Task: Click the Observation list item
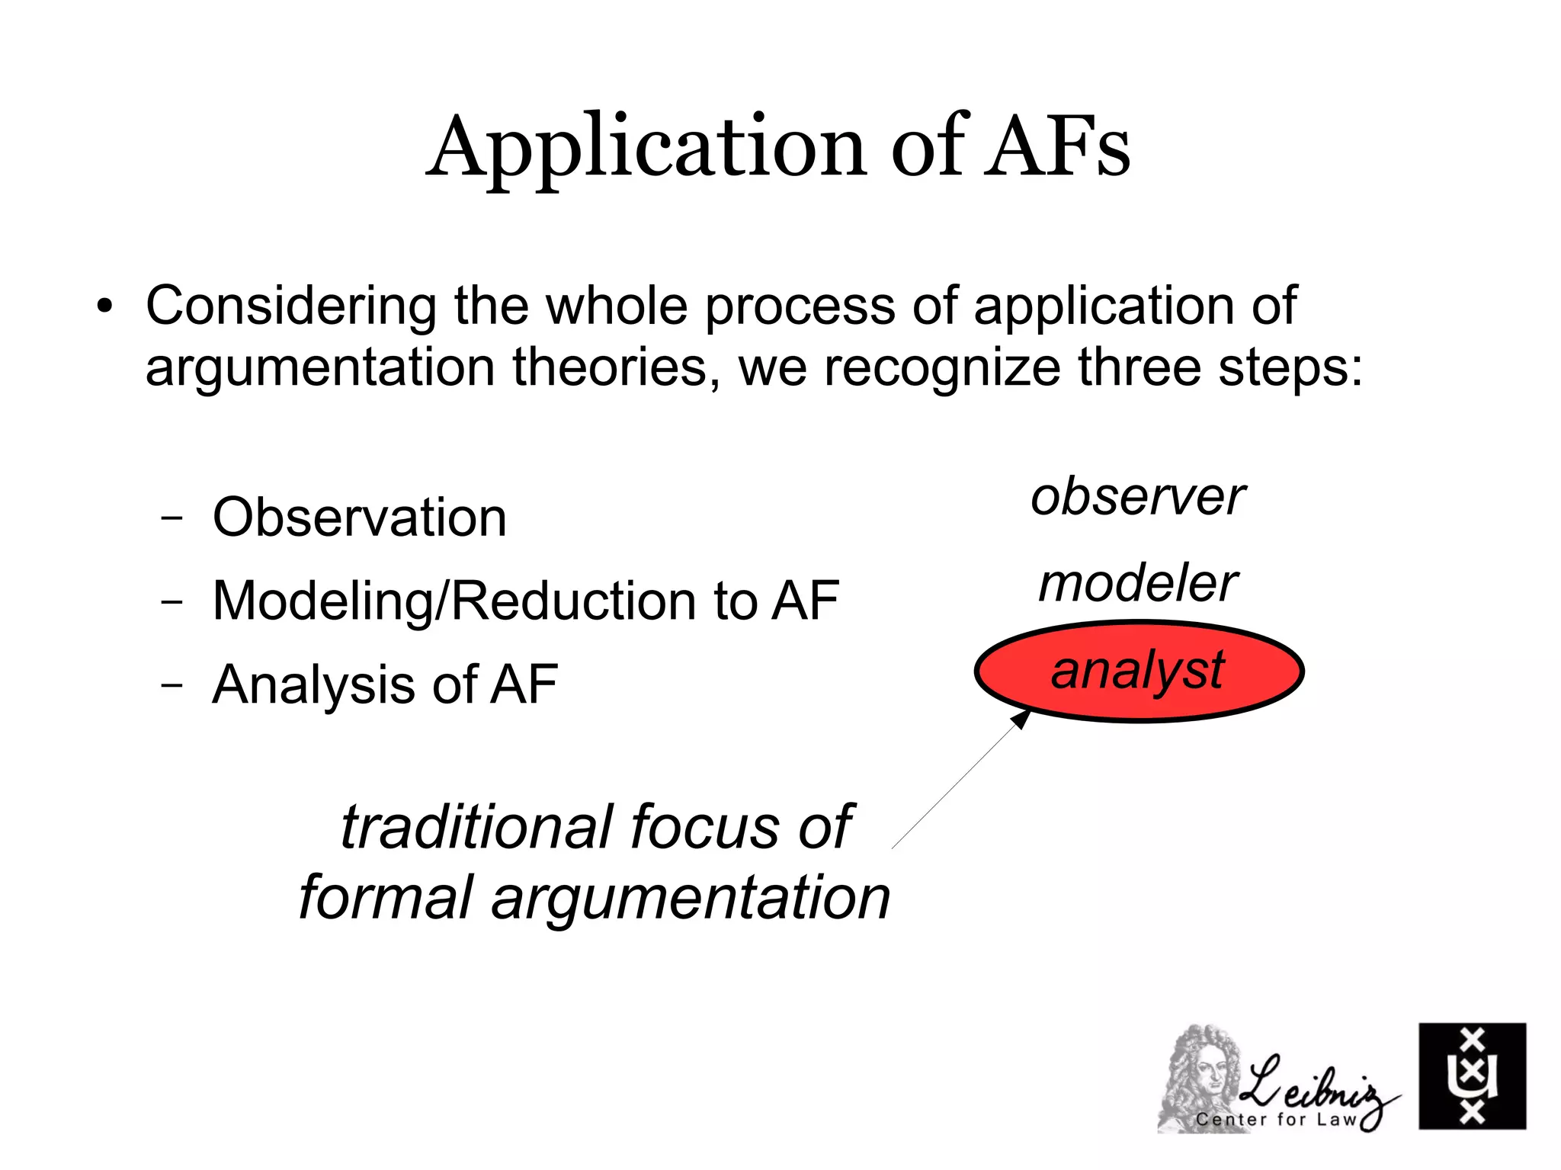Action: pos(359,518)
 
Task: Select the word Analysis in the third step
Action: pos(313,684)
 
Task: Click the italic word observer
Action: pos(1137,497)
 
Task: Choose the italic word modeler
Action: pos(1138,584)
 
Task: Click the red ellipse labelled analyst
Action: pos(1138,671)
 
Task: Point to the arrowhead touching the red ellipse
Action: pos(1021,719)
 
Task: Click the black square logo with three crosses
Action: pos(1472,1075)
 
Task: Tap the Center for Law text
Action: pos(1277,1119)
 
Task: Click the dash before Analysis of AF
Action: pos(172,684)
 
